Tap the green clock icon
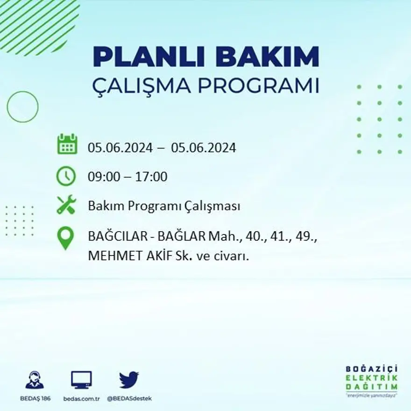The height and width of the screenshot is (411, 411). pyautogui.click(x=66, y=176)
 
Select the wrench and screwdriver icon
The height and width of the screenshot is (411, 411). pyautogui.click(x=66, y=205)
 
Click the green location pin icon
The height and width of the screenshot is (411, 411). pyautogui.click(x=65, y=237)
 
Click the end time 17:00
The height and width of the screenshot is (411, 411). pyautogui.click(x=151, y=177)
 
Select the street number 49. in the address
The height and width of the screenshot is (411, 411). pyautogui.click(x=307, y=236)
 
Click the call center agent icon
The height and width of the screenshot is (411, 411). pyautogui.click(x=34, y=380)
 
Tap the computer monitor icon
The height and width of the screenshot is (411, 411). pyautogui.click(x=81, y=380)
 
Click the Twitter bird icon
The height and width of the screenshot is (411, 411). pyautogui.click(x=129, y=380)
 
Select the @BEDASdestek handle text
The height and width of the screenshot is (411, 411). pyautogui.click(x=129, y=398)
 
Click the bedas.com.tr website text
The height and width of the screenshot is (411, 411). pyautogui.click(x=81, y=398)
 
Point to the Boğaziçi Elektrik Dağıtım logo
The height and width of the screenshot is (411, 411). pyautogui.click(x=372, y=380)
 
